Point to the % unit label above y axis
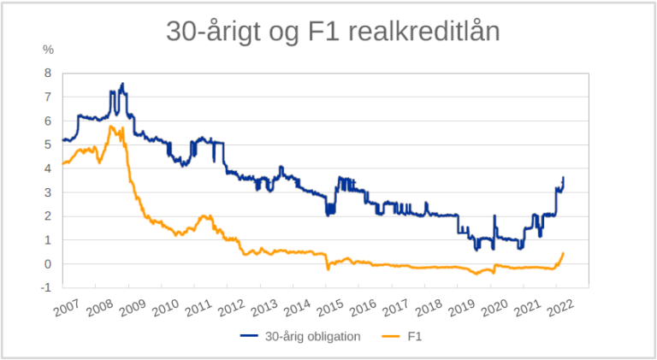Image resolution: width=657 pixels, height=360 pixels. pos(48,50)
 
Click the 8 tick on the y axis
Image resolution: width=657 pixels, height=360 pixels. pos(48,73)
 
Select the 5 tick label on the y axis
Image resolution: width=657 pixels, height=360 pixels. pos(48,145)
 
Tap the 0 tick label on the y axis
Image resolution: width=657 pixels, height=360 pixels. pos(48,264)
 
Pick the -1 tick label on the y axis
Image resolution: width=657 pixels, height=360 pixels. pos(46,288)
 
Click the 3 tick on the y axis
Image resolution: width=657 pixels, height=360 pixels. pos(48,192)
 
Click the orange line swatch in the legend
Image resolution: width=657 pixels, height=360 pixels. pos(391,337)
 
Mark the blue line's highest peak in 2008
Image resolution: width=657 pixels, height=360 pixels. pos(122,84)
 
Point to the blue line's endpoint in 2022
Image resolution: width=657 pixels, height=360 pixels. pos(563,177)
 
